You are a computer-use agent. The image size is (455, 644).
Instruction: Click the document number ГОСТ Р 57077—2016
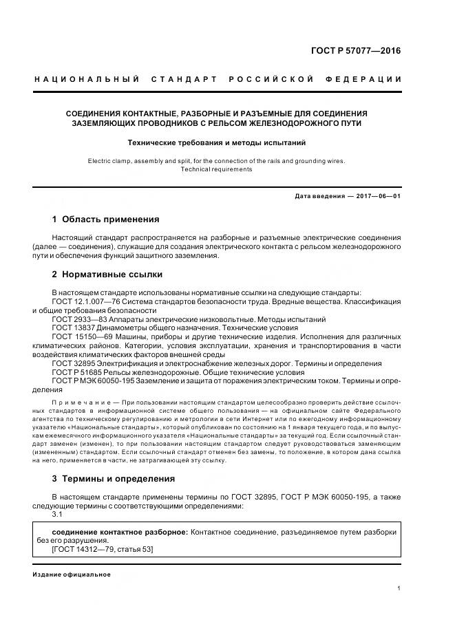[x=357, y=51]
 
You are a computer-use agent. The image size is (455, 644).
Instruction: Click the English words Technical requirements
[x=216, y=169]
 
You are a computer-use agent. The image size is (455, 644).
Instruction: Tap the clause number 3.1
[x=57, y=513]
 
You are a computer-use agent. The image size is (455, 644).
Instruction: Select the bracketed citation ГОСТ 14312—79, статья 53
[x=103, y=549]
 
